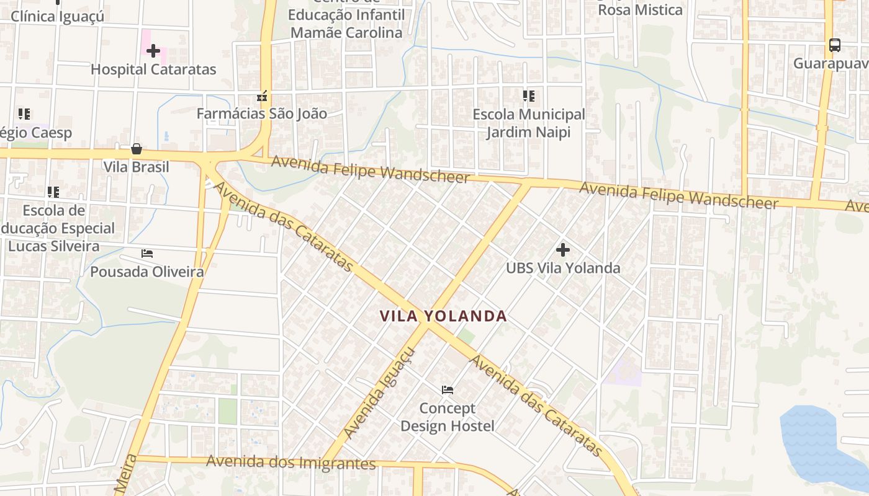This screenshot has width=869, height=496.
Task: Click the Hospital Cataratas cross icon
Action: click(153, 51)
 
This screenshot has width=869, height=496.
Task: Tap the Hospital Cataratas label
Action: click(153, 69)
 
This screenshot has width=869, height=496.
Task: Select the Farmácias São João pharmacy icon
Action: click(262, 96)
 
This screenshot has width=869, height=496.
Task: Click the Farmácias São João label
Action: click(261, 113)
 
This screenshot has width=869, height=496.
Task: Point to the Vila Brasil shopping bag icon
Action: click(136, 149)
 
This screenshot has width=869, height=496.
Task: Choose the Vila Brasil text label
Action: click(136, 167)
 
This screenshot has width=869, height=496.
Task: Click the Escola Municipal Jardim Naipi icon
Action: click(528, 96)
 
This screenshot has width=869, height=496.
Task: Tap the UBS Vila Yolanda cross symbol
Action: click(563, 250)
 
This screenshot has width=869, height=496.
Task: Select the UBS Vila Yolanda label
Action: click(563, 268)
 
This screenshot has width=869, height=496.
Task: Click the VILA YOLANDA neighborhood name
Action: click(443, 316)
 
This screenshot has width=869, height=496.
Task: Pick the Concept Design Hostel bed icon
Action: click(448, 390)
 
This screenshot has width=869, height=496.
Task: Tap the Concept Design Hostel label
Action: click(448, 417)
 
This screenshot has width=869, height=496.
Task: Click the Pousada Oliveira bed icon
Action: click(147, 254)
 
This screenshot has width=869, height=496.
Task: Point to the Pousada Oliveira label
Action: click(147, 272)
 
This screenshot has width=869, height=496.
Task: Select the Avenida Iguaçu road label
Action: click(379, 393)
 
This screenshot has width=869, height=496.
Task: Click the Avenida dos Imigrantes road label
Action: click(291, 463)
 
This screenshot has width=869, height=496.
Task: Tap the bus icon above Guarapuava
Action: click(835, 45)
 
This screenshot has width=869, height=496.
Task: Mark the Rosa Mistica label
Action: click(640, 10)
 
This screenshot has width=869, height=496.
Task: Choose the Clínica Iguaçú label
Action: click(58, 16)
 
